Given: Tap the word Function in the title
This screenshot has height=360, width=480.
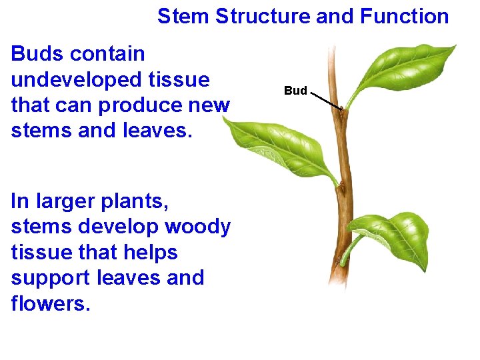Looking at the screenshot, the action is (404, 17).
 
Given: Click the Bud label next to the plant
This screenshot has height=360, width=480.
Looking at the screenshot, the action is (295, 91).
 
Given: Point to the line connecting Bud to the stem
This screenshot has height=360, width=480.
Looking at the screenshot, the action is (326, 100).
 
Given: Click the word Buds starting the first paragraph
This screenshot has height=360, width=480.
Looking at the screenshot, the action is (37, 54).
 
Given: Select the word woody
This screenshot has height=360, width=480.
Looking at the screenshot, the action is (197, 227).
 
